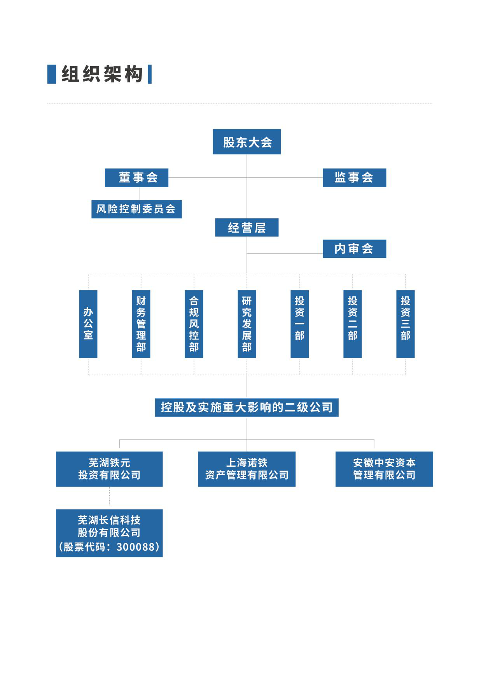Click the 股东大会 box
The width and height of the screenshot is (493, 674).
point(247,142)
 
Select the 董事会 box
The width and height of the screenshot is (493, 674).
point(136,178)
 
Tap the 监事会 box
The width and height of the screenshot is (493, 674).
point(354,178)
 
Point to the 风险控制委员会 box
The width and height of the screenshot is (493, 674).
point(136,209)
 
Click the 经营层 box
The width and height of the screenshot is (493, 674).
point(247,228)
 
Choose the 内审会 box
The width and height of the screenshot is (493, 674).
point(354,249)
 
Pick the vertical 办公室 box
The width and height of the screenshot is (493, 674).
point(88,324)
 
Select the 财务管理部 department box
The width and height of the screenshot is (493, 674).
point(141,324)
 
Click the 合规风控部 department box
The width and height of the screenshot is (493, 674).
point(194,324)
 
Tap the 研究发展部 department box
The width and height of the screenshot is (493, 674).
point(247,324)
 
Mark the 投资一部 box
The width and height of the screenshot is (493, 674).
point(300,324)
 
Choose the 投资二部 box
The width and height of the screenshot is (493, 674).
point(353,324)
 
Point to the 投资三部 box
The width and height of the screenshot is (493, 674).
point(406,324)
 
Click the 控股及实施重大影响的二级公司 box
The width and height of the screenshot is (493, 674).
point(247,408)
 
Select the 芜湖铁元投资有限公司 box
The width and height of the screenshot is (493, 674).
point(109,469)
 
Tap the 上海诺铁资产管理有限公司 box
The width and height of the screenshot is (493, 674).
point(247,469)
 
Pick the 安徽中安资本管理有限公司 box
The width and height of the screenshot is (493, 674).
point(384,469)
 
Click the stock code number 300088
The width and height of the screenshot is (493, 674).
point(136,547)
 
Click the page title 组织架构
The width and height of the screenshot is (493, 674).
point(102,74)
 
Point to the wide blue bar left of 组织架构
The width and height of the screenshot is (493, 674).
point(52,74)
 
